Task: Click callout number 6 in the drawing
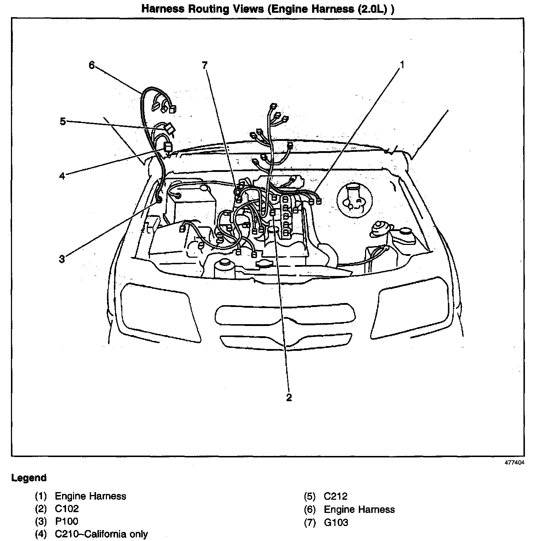[92, 65]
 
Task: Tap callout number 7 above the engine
[204, 65]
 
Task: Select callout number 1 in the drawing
[402, 65]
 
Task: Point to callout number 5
[63, 121]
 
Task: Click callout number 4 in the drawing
[62, 176]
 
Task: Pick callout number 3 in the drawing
[62, 259]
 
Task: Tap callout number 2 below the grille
[289, 398]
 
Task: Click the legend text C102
[67, 509]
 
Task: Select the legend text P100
[66, 521]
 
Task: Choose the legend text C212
[335, 496]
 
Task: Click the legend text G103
[336, 522]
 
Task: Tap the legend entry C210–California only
[101, 534]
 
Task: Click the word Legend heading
[29, 478]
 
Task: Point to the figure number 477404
[515, 463]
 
